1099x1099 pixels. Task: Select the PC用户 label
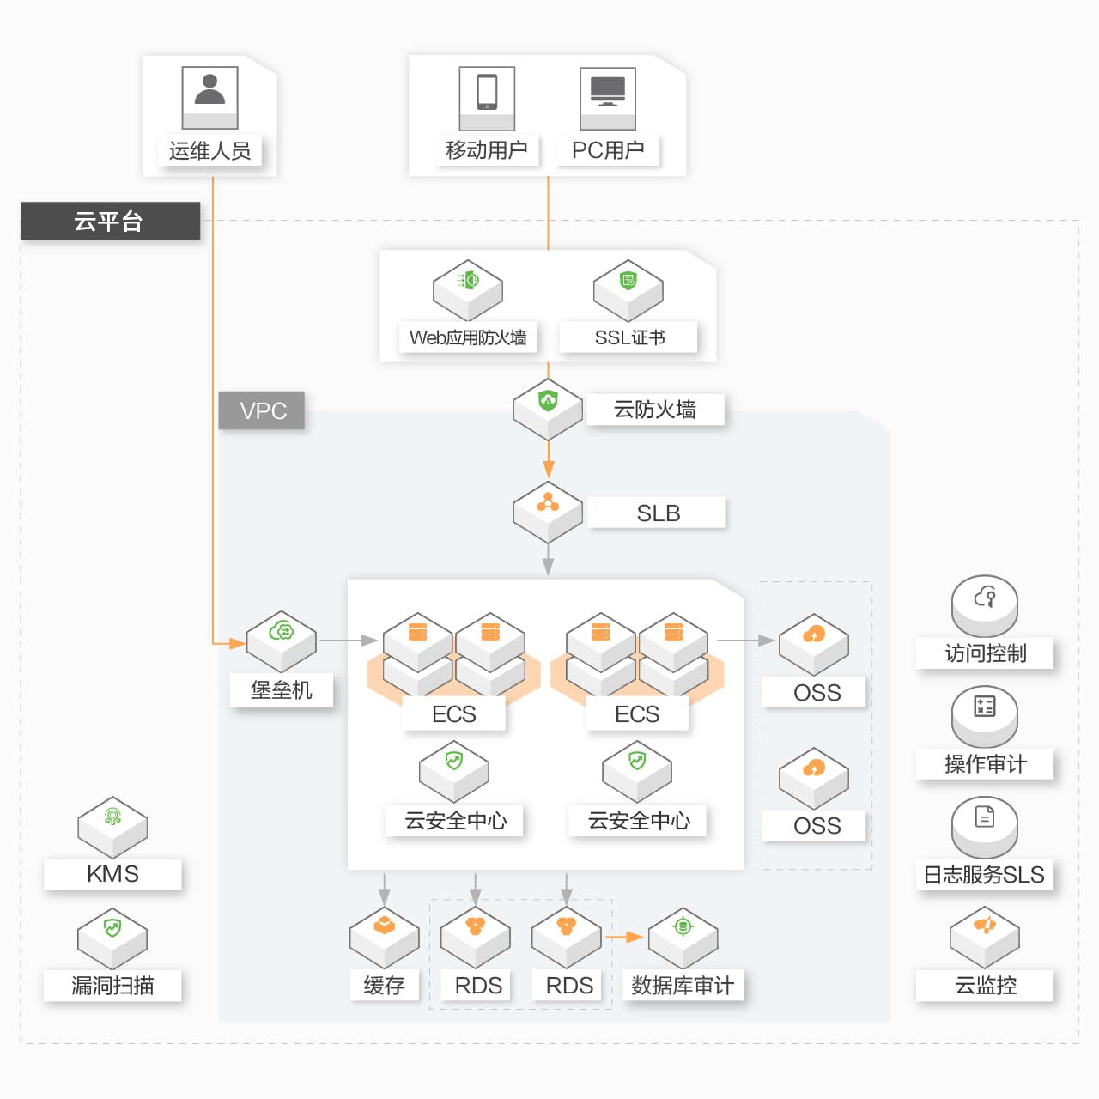tap(608, 150)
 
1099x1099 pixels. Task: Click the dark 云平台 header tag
tap(110, 221)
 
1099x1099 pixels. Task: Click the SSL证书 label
tap(628, 337)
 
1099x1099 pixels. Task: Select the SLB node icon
tap(548, 510)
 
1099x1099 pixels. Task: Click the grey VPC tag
tap(262, 410)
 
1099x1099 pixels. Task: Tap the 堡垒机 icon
tap(282, 640)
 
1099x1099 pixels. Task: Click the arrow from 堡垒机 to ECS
tap(349, 641)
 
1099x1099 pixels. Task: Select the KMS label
tap(112, 874)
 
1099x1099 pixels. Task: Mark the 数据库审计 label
tap(683, 986)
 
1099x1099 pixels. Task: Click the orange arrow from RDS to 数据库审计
tap(624, 937)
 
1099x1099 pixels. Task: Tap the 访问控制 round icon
tap(985, 604)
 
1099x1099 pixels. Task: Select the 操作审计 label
tap(985, 764)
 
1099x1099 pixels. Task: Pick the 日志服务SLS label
tap(984, 875)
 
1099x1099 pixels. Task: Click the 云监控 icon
tap(985, 936)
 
